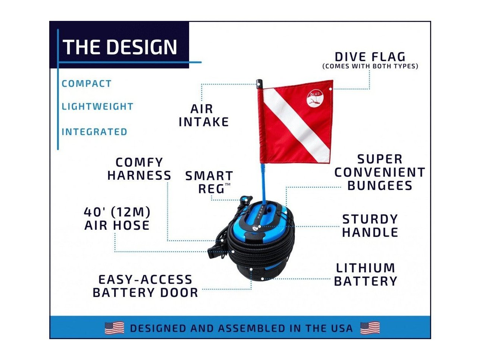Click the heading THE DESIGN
[120, 47]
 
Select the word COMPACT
[87, 84]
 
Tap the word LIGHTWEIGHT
[98, 107]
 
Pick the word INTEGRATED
[94, 132]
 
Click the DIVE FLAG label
[370, 57]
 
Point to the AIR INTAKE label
[204, 115]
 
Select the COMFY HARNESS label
[139, 169]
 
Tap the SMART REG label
[209, 182]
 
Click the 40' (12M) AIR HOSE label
[117, 219]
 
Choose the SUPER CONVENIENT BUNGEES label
[380, 172]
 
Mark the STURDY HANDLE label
[370, 225]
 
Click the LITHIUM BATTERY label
[366, 275]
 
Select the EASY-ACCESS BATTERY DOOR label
[145, 286]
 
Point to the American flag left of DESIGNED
[114, 328]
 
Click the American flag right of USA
[370, 328]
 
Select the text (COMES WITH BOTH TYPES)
[370, 66]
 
